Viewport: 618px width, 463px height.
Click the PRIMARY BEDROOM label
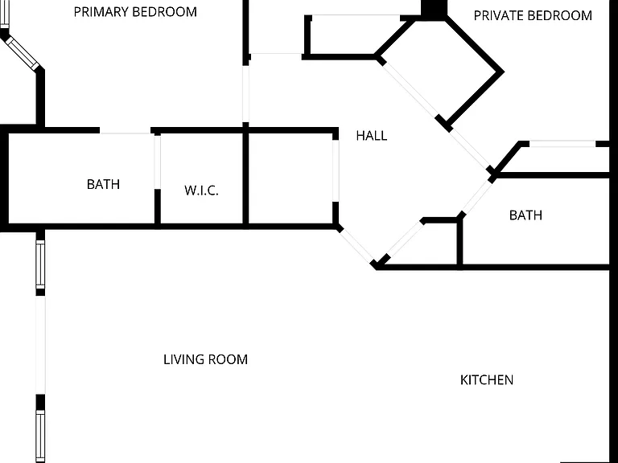(135, 12)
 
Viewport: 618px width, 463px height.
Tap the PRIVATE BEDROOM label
(533, 16)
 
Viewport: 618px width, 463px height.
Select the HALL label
(372, 136)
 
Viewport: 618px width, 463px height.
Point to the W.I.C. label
(201, 191)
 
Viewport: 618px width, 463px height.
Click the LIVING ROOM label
(205, 359)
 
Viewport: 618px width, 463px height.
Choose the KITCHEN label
(487, 380)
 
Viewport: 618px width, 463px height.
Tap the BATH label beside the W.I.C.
(103, 184)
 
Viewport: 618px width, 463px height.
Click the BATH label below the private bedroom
(525, 215)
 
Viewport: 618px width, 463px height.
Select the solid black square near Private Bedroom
(434, 9)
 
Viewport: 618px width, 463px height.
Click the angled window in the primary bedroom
(22, 52)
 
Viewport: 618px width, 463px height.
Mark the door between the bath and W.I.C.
(157, 162)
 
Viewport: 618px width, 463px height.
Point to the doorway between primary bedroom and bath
(126, 131)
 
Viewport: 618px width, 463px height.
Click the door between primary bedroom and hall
(245, 94)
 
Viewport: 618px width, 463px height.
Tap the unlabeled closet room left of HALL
(290, 179)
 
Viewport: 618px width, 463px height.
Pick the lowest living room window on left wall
(40, 436)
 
